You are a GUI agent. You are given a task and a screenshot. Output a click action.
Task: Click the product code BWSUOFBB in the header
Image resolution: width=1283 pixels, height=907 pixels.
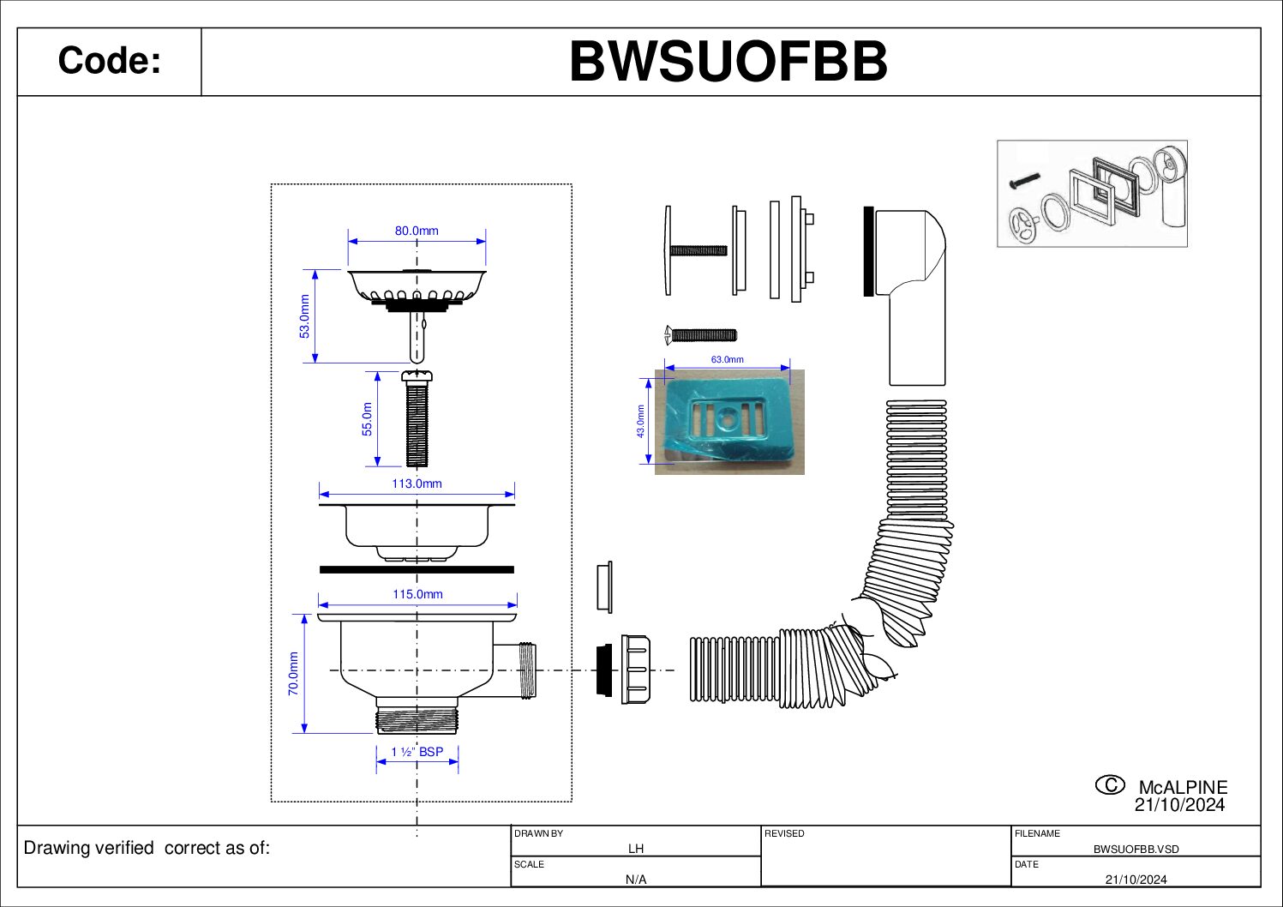[728, 62]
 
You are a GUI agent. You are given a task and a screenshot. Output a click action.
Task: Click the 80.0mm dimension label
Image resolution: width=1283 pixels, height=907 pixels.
[417, 231]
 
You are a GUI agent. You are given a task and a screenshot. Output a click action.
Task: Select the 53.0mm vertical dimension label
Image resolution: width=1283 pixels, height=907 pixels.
[304, 316]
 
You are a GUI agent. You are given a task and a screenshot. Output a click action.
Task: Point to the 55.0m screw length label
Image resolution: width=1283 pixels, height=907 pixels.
[367, 419]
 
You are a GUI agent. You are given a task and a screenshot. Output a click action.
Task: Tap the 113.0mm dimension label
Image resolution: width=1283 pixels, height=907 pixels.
[417, 484]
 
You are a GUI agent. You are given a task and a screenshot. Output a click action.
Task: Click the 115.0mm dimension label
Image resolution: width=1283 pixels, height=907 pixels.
[417, 594]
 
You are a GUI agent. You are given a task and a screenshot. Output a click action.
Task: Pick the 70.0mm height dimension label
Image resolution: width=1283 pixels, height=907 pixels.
[293, 673]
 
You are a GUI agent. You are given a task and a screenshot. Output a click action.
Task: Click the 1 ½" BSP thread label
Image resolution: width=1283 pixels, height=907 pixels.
[417, 752]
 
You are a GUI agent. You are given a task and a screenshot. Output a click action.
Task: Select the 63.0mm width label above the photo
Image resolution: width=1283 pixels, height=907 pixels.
[727, 359]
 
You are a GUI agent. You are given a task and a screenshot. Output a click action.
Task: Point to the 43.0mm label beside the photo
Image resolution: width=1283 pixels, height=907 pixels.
[640, 421]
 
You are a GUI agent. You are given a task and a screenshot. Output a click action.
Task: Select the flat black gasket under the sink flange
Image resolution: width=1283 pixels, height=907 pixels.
[417, 569]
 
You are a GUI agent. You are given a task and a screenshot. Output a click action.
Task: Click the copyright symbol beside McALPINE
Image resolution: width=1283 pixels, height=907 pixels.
[1110, 784]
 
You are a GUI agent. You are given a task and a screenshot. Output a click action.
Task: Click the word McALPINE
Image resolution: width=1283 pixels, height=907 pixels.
[1183, 787]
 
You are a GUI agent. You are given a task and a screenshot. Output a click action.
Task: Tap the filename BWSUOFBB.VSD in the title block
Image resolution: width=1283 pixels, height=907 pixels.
[1136, 849]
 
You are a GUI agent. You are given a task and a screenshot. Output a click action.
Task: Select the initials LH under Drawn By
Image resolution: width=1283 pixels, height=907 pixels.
[635, 849]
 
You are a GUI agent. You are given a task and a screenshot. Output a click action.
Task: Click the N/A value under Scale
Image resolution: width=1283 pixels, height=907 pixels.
[635, 880]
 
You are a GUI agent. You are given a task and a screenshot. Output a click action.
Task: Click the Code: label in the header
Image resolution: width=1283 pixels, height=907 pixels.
[109, 62]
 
